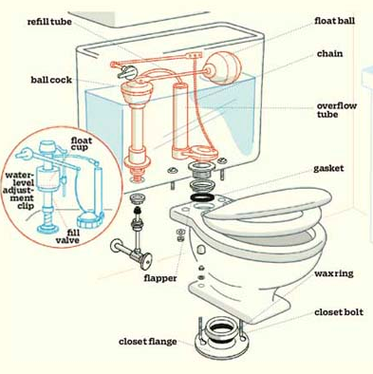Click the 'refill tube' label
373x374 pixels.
click(49, 22)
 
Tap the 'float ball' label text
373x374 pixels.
click(334, 21)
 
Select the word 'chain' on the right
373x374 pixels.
click(329, 54)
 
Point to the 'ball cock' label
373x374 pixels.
click(51, 80)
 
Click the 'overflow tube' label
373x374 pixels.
click(337, 110)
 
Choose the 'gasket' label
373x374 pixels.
click(328, 168)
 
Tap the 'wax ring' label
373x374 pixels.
click(334, 273)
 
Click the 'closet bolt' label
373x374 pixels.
click(339, 312)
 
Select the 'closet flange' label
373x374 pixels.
click(148, 342)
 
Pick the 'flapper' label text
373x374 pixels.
click(160, 278)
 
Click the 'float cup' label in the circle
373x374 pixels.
click(82, 143)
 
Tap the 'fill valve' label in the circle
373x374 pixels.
click(67, 236)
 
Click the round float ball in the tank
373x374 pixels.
click(222, 68)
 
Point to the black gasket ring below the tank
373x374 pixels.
click(203, 197)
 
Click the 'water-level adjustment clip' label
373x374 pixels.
click(19, 191)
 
